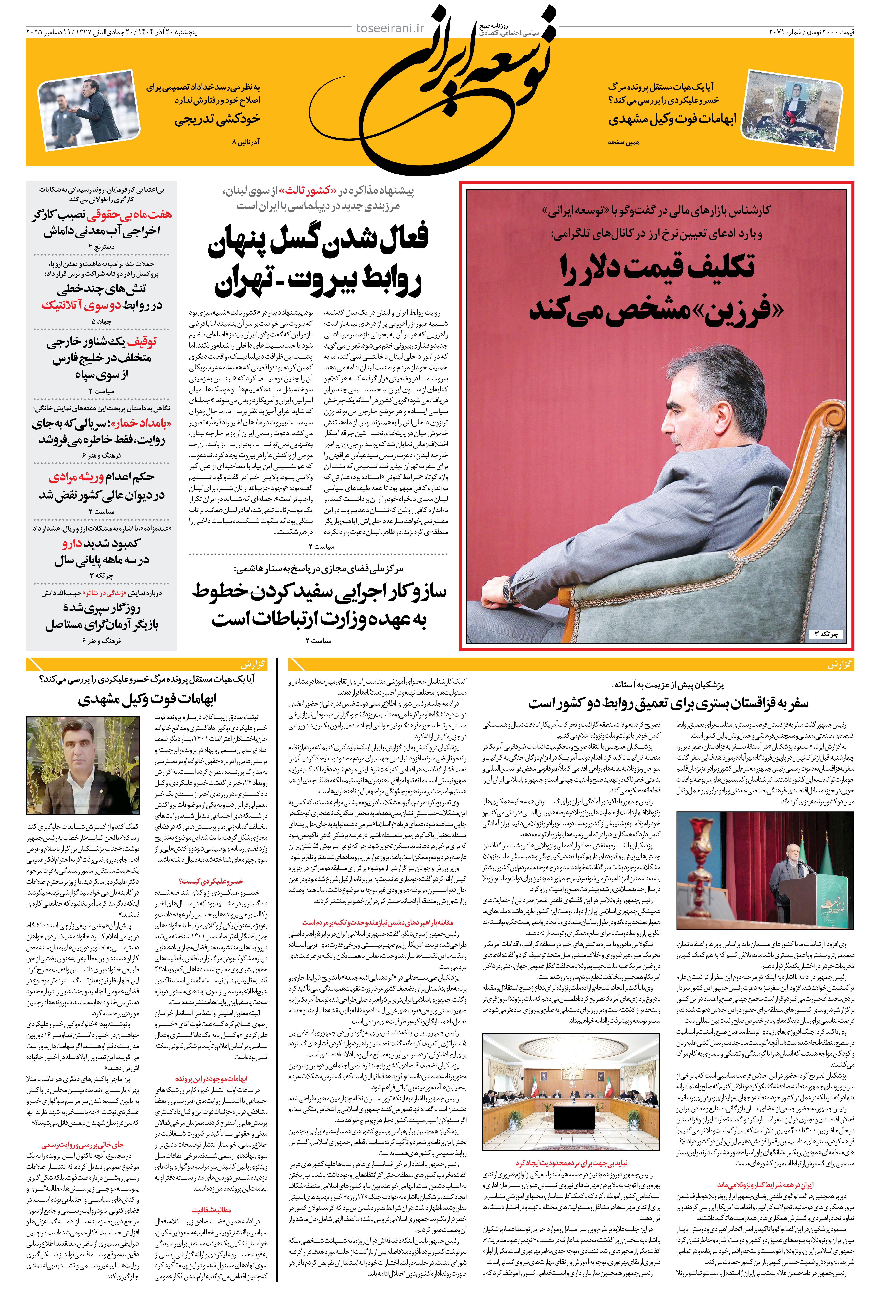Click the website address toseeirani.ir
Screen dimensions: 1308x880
click(x=390, y=28)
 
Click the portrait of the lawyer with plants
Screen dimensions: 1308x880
click(x=83, y=765)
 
